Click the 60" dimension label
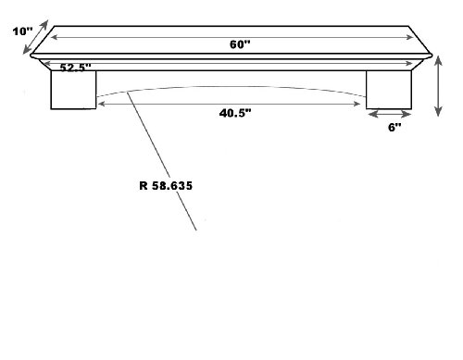(240, 44)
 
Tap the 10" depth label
(22, 31)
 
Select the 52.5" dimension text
(75, 68)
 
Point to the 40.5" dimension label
(235, 113)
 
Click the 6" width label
(394, 127)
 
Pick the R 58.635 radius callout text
(166, 186)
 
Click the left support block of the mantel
(73, 90)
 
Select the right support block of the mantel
(389, 90)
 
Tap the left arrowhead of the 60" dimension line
(55, 37)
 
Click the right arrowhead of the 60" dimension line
(409, 37)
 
